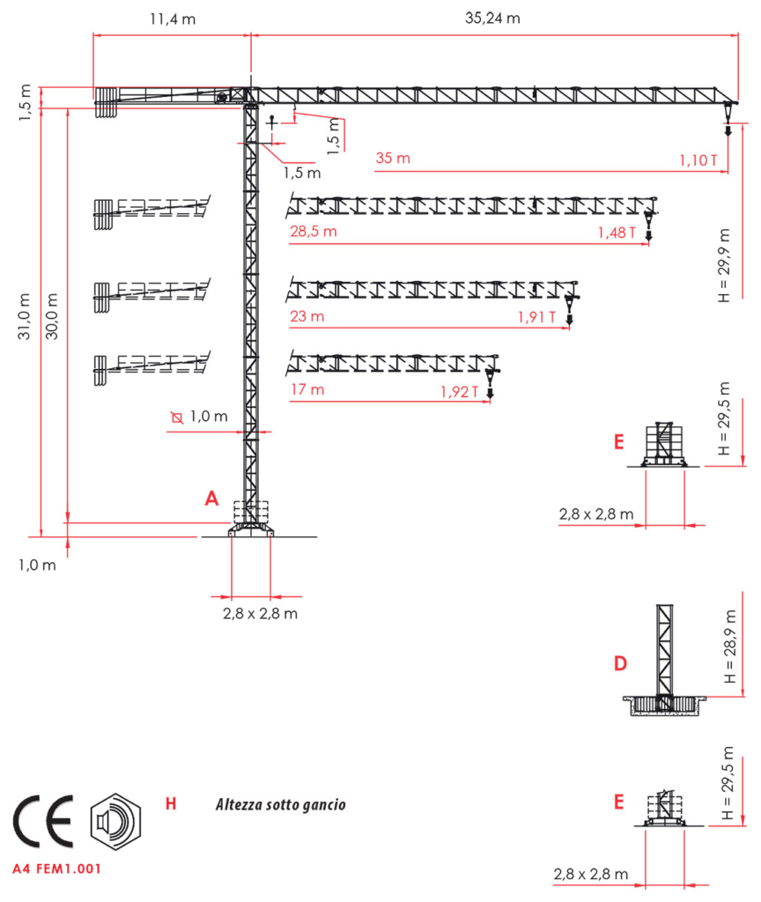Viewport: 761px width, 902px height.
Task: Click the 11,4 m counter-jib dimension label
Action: [173, 19]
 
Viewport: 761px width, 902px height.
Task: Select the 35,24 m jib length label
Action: [492, 18]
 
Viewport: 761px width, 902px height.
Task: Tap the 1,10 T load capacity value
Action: [698, 160]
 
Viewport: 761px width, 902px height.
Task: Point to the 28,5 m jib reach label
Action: [313, 232]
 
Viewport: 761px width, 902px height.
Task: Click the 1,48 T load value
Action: [617, 233]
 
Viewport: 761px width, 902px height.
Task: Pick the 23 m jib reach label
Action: [307, 316]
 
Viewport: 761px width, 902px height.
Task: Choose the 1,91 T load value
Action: [536, 317]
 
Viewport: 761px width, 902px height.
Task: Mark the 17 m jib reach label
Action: [307, 389]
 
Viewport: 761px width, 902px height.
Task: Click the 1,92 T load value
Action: [460, 392]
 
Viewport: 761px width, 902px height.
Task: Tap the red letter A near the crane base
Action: [211, 499]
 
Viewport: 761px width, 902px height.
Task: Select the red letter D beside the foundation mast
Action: [620, 663]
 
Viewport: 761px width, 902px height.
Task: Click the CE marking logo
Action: [44, 822]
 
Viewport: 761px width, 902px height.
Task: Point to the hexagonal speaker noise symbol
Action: [115, 822]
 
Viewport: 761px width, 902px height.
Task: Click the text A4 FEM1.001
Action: [56, 869]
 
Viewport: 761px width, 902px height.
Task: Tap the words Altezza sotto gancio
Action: [281, 805]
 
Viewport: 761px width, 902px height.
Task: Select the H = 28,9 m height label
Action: [730, 647]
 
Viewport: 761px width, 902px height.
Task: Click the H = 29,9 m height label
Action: [724, 265]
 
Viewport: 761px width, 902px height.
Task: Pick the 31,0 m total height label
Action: [24, 316]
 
